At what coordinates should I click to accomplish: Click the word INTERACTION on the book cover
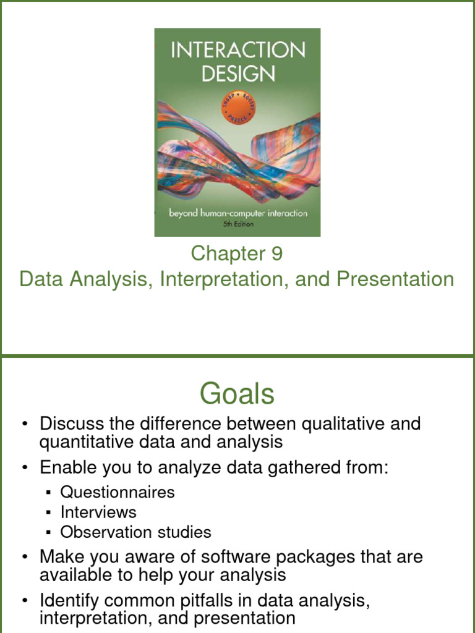[237, 50]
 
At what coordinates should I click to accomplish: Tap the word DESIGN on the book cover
[237, 74]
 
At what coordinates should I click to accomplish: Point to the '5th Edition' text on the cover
[238, 225]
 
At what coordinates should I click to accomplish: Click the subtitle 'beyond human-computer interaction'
[238, 213]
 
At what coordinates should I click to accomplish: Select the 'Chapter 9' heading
[237, 253]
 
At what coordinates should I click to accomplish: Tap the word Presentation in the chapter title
[395, 279]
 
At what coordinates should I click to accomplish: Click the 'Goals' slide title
[237, 393]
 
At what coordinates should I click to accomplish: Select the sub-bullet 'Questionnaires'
[118, 492]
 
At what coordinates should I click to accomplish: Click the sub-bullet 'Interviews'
[98, 512]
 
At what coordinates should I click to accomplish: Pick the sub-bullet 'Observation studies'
[135, 532]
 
